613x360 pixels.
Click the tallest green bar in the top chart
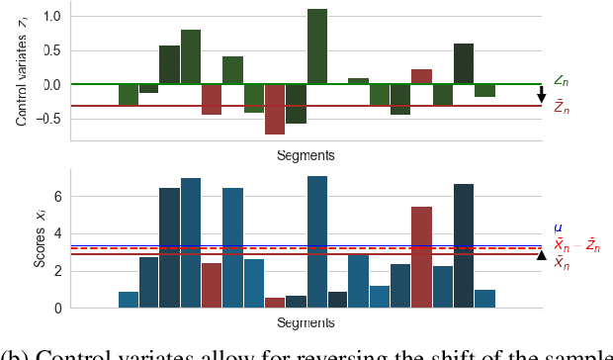316,46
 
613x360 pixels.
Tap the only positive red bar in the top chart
421,76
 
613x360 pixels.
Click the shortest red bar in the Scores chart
275,303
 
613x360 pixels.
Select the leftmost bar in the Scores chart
129,300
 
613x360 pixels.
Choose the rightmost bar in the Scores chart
484,299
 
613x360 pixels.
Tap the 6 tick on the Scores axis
57,197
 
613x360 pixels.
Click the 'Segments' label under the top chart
306,155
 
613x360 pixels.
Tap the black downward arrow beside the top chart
541,95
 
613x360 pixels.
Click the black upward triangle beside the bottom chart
541,255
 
